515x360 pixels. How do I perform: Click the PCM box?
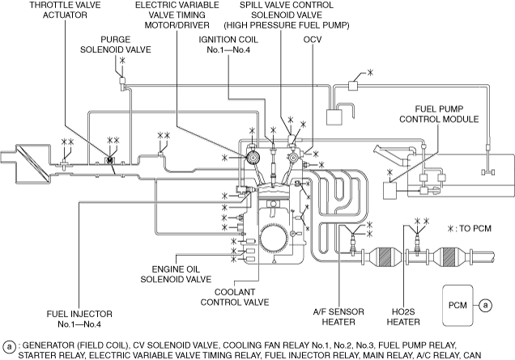point(458,306)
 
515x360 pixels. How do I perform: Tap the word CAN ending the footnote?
point(502,354)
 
